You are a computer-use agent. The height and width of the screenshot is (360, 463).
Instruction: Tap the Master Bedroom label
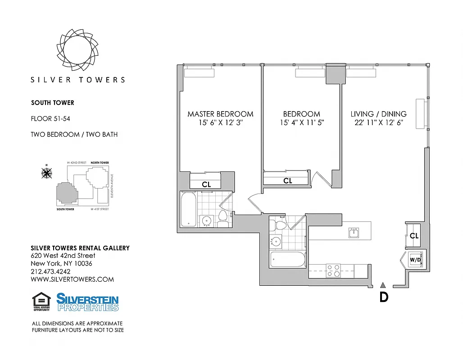tap(220, 114)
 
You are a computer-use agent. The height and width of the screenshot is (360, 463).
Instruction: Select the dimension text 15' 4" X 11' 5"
tap(301, 122)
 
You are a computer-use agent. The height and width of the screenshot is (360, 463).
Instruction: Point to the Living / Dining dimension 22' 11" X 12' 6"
tap(378, 122)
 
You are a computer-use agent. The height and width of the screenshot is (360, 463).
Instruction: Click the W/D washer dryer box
tap(415, 260)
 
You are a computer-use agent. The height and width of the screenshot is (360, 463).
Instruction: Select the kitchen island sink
tap(354, 233)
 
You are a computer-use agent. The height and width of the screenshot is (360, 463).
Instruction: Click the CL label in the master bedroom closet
tap(206, 184)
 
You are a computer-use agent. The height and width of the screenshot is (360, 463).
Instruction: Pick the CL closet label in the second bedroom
tap(287, 181)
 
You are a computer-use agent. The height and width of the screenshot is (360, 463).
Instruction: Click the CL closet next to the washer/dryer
tap(414, 235)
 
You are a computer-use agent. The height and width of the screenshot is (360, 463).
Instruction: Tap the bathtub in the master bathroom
tap(188, 209)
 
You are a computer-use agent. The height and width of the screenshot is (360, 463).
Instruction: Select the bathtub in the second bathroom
tap(288, 260)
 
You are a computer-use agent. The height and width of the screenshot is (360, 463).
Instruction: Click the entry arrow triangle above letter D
tap(383, 284)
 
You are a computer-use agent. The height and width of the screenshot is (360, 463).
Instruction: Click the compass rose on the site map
tap(46, 172)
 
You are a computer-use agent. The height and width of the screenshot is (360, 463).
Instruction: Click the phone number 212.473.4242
tap(50, 271)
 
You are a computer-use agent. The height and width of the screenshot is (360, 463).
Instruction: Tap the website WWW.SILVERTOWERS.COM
tap(72, 279)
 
